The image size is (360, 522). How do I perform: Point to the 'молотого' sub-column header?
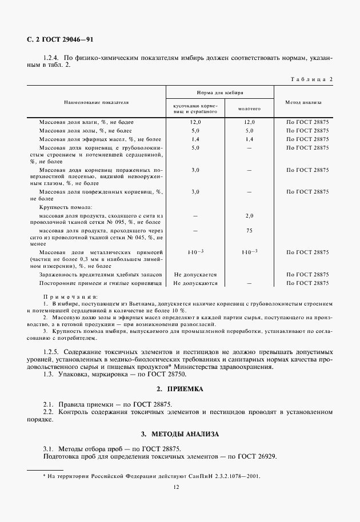tap(249, 107)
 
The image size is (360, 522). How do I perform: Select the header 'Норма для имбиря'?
tap(219, 91)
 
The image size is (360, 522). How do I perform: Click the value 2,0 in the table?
tap(249, 216)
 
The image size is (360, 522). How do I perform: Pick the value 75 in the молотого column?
tap(249, 231)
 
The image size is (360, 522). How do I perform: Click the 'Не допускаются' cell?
tap(195, 283)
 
